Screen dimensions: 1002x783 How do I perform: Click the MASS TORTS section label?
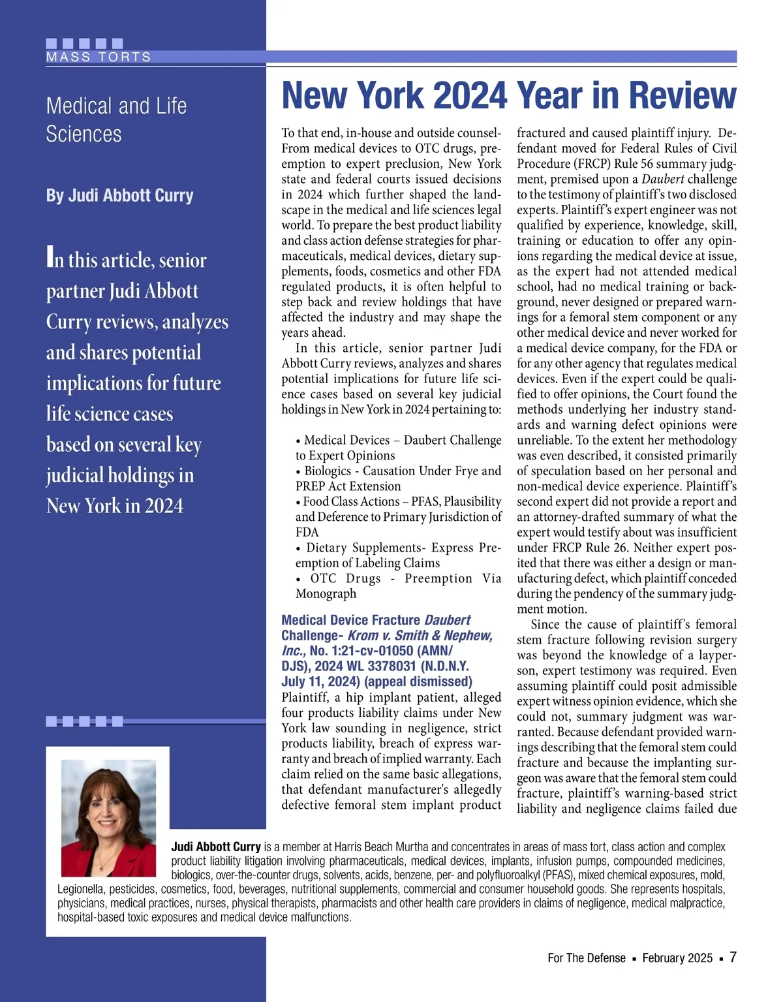click(99, 57)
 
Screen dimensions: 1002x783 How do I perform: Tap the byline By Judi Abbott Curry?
click(119, 195)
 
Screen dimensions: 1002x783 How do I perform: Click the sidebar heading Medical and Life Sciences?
click(116, 119)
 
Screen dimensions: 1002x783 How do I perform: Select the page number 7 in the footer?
click(733, 957)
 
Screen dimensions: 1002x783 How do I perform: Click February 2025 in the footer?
click(677, 958)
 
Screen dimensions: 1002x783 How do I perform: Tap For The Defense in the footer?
click(586, 958)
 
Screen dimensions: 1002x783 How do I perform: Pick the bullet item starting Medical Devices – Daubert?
click(398, 448)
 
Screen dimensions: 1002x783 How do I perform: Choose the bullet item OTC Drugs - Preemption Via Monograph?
click(398, 586)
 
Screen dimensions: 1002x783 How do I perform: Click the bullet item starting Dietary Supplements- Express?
click(398, 555)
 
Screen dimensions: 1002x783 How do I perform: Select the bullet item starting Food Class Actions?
click(398, 516)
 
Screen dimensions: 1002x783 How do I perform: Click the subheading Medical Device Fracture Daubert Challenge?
click(376, 627)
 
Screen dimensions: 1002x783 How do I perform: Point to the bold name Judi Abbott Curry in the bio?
click(216, 847)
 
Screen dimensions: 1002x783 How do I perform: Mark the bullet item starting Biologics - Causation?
click(398, 478)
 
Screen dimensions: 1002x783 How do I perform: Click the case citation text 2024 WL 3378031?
click(367, 666)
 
